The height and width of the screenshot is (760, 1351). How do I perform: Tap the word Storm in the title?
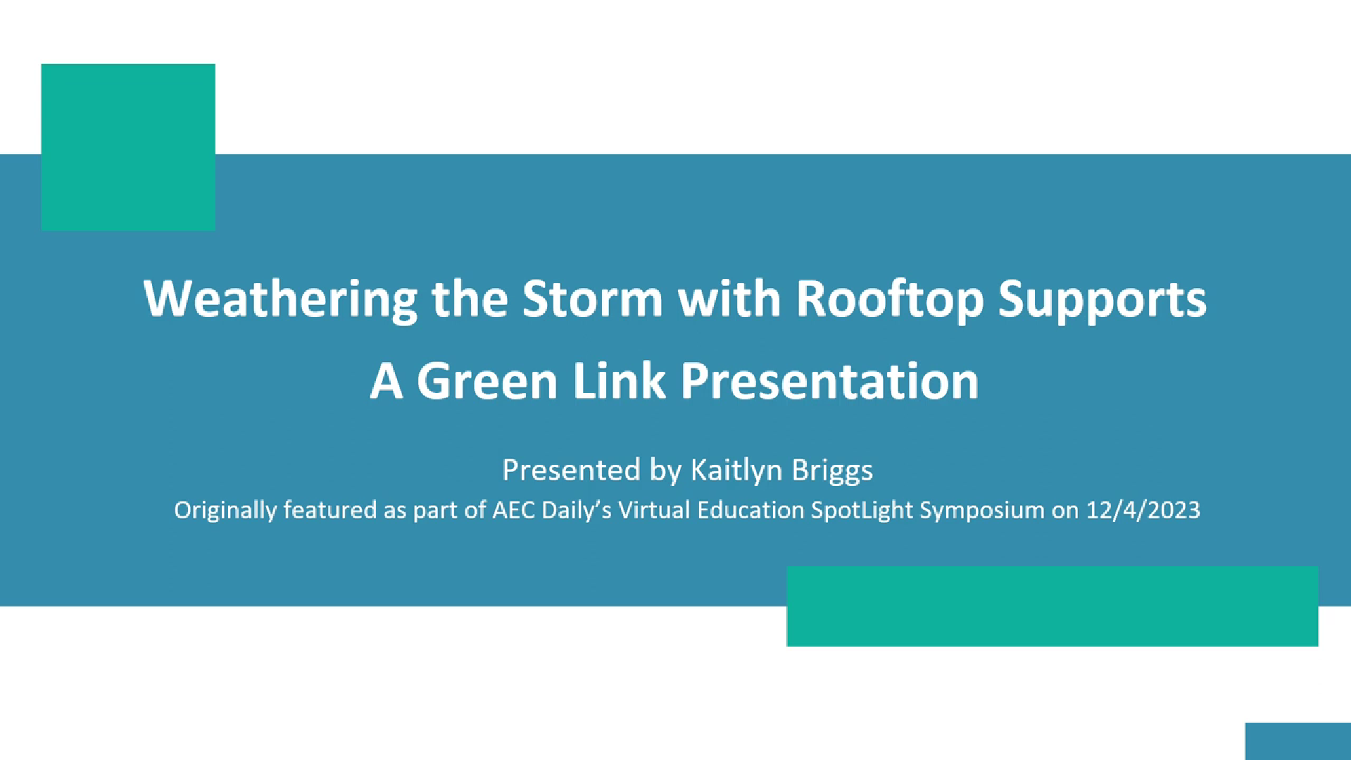click(x=592, y=299)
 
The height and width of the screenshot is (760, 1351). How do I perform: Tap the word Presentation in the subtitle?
click(x=829, y=381)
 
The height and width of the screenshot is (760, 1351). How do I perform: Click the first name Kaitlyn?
click(x=736, y=470)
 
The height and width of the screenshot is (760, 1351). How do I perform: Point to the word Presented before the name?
click(x=571, y=470)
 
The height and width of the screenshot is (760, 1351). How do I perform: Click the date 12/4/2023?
click(x=1143, y=510)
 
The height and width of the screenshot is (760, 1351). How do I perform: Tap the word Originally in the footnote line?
click(x=225, y=510)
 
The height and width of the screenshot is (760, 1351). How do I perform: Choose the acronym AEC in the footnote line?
click(x=513, y=510)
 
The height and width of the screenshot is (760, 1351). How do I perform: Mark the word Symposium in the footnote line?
click(x=981, y=510)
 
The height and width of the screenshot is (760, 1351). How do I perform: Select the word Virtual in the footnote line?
click(x=653, y=510)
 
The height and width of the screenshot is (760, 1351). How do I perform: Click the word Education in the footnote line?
click(x=750, y=510)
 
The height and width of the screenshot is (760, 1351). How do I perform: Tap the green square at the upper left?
click(x=128, y=147)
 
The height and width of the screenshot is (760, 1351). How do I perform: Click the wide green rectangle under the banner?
click(x=1052, y=606)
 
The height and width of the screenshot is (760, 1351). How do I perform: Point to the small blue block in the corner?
click(x=1297, y=741)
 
